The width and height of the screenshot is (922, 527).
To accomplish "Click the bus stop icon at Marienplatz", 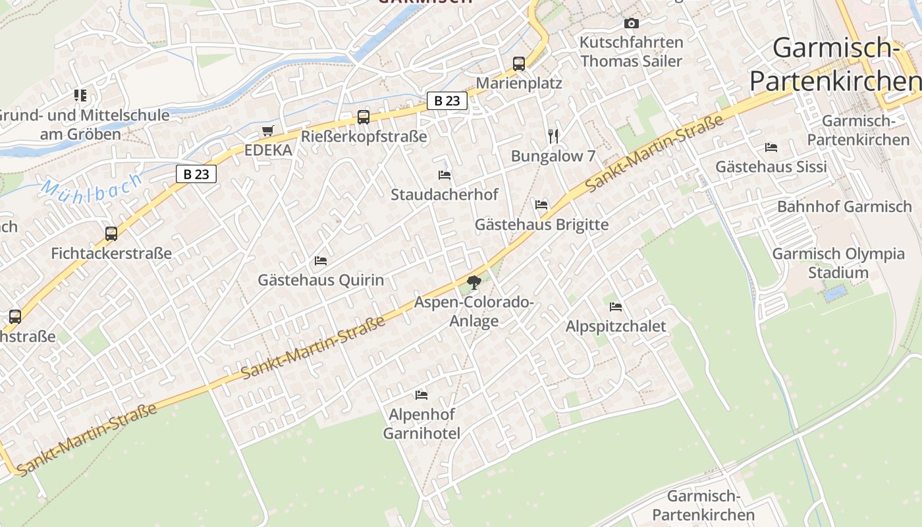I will pyautogui.click(x=519, y=64).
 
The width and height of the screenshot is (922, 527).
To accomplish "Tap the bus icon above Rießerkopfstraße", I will pyautogui.click(x=364, y=117).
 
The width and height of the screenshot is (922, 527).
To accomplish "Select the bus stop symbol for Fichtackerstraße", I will pyautogui.click(x=111, y=233).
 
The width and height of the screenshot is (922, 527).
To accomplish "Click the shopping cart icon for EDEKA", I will pyautogui.click(x=267, y=131).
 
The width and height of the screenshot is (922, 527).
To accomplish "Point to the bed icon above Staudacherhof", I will pyautogui.click(x=445, y=175).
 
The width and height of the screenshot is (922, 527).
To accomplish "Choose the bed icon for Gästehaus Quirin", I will pyautogui.click(x=321, y=261).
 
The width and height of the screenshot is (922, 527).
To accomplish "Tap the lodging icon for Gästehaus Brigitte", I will pyautogui.click(x=541, y=205).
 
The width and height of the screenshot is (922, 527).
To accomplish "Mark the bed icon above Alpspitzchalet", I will pyautogui.click(x=616, y=307).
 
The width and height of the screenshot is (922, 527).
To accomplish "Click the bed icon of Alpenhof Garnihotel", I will pyautogui.click(x=421, y=395).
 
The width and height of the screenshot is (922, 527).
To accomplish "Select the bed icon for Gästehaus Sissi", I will pyautogui.click(x=771, y=148).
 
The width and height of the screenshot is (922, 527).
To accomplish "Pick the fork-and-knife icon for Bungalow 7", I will pyautogui.click(x=553, y=136).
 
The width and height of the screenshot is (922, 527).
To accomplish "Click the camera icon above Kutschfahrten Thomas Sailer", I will pyautogui.click(x=632, y=24).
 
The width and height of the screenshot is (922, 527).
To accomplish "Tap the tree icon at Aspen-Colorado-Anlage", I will pyautogui.click(x=474, y=283).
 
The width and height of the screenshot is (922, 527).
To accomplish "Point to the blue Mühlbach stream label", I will pyautogui.click(x=92, y=186).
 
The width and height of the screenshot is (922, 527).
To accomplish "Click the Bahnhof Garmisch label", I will pyautogui.click(x=844, y=207).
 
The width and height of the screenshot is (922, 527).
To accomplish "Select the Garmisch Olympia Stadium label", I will pyautogui.click(x=838, y=263).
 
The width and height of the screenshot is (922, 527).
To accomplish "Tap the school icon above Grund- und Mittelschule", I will pyautogui.click(x=80, y=96).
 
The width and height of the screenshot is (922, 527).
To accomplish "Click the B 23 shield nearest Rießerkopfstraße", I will pyautogui.click(x=447, y=101).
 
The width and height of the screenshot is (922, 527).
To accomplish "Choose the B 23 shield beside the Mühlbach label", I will pyautogui.click(x=196, y=174).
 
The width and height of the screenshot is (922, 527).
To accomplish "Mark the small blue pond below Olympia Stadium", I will pyautogui.click(x=835, y=293).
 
